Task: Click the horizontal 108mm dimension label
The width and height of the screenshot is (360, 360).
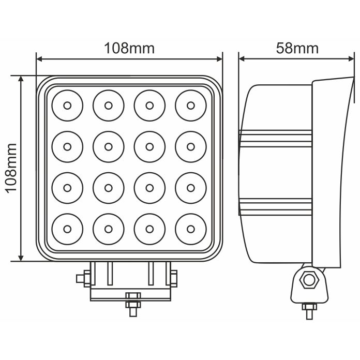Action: (129, 49)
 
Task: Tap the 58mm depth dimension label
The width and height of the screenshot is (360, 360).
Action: (297, 49)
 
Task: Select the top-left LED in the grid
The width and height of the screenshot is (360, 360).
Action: (67, 106)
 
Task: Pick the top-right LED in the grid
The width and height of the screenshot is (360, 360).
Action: (191, 106)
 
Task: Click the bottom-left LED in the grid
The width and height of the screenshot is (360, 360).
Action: (67, 228)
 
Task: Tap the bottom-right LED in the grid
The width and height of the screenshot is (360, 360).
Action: (191, 228)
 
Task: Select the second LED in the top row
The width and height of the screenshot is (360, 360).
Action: (108, 106)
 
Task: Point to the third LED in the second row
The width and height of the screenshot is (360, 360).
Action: (149, 146)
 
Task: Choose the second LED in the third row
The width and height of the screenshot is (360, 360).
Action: (108, 187)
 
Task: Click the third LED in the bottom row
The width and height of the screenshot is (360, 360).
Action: (149, 228)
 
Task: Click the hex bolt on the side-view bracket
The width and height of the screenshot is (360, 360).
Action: (309, 280)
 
